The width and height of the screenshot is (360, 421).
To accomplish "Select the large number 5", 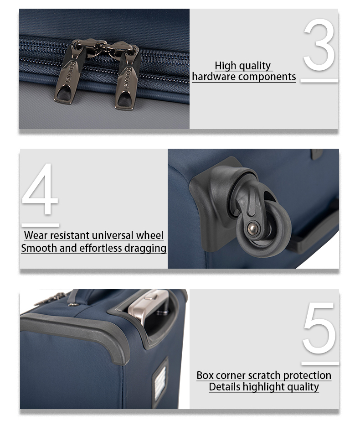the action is (x=319, y=328).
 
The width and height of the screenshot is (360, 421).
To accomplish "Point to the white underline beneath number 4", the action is (x=40, y=225).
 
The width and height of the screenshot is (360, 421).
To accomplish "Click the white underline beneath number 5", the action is (x=320, y=364).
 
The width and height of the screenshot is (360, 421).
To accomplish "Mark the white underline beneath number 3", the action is (x=319, y=81).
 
